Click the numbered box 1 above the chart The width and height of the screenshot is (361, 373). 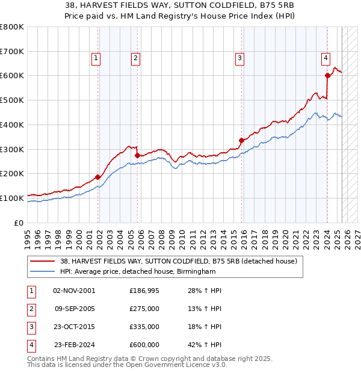(x=96, y=58)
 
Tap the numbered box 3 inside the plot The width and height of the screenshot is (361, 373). (x=239, y=58)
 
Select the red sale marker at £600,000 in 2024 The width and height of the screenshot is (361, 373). (x=327, y=75)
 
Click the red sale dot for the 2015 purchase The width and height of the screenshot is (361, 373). (x=241, y=140)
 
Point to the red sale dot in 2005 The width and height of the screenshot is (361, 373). (x=138, y=155)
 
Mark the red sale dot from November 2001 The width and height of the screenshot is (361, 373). (x=98, y=177)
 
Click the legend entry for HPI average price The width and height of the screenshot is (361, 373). (x=138, y=272)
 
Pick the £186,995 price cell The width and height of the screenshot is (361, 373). (x=144, y=291)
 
